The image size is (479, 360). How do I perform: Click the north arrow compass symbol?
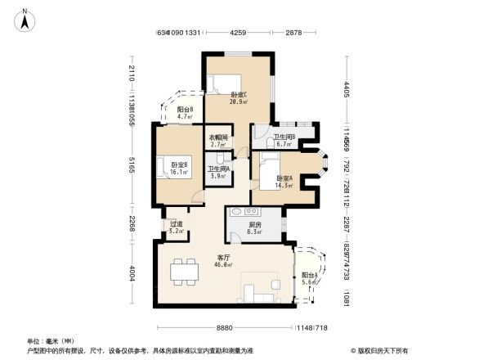26,19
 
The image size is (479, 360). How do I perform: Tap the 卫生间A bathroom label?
218,172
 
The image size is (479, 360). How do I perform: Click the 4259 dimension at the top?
238,33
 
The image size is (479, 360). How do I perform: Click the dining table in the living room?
181,269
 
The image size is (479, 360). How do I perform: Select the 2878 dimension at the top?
294,33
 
